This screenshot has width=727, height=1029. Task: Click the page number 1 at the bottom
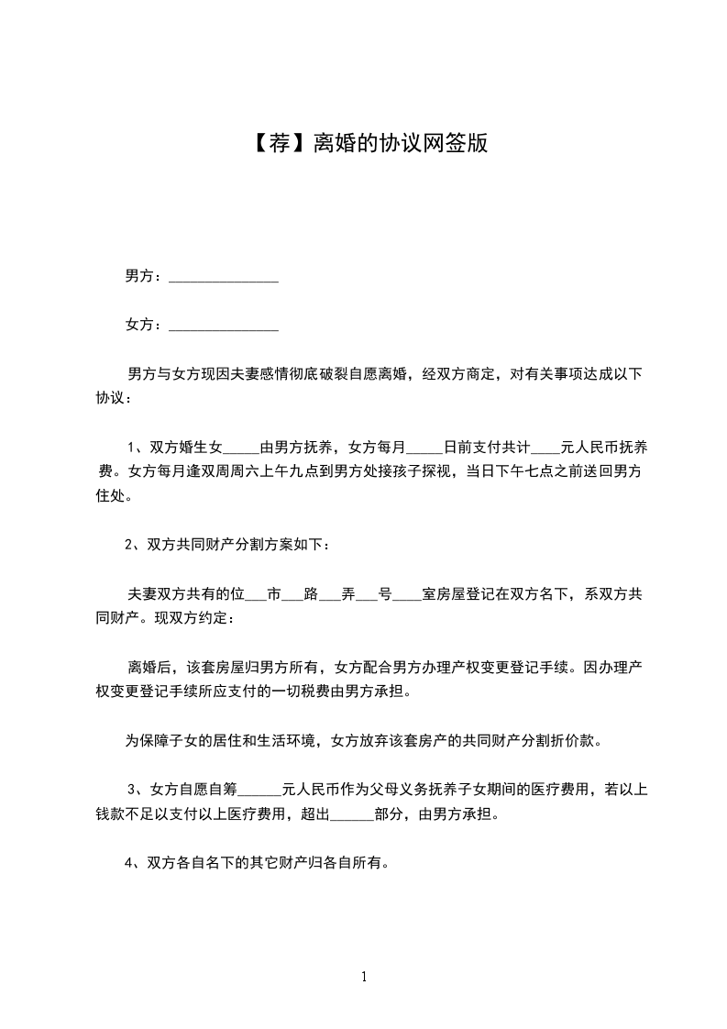click(364, 978)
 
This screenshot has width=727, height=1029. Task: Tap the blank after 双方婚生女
click(242, 448)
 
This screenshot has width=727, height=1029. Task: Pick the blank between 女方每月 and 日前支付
click(424, 448)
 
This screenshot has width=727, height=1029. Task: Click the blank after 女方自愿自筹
click(259, 789)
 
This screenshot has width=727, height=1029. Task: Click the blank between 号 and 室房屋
click(407, 593)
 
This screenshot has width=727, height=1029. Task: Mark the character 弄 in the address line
click(347, 593)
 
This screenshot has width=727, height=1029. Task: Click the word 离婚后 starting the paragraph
click(147, 667)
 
